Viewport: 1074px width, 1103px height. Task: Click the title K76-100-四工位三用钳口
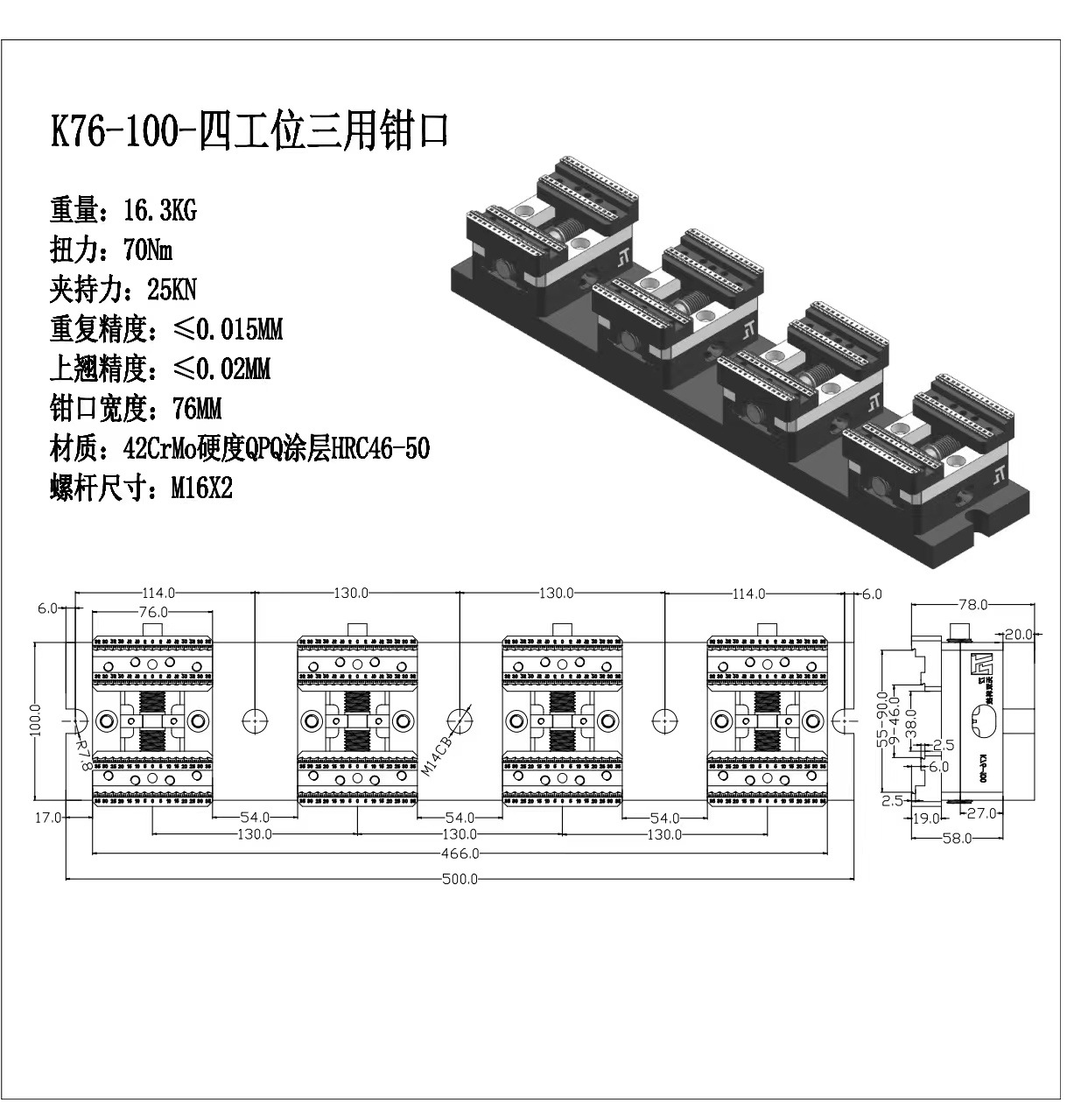tap(249, 132)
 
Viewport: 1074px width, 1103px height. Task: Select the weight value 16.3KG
tap(160, 211)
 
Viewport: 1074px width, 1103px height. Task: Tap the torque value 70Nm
tap(148, 250)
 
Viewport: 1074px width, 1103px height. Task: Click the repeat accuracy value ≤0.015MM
tap(228, 330)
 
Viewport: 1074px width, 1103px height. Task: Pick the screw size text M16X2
tap(201, 488)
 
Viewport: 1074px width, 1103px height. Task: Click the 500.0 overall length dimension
tap(460, 879)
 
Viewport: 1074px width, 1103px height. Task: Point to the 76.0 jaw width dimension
tap(152, 612)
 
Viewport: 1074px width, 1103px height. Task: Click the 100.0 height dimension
tap(35, 720)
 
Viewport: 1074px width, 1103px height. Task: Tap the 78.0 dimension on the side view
tap(972, 604)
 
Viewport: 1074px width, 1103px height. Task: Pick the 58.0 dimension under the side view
tap(957, 838)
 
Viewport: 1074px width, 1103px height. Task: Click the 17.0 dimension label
tap(48, 818)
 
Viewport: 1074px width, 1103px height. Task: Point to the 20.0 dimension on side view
tap(1018, 634)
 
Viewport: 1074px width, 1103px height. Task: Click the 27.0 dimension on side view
tap(981, 813)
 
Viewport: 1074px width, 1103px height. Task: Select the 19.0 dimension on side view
tap(925, 818)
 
